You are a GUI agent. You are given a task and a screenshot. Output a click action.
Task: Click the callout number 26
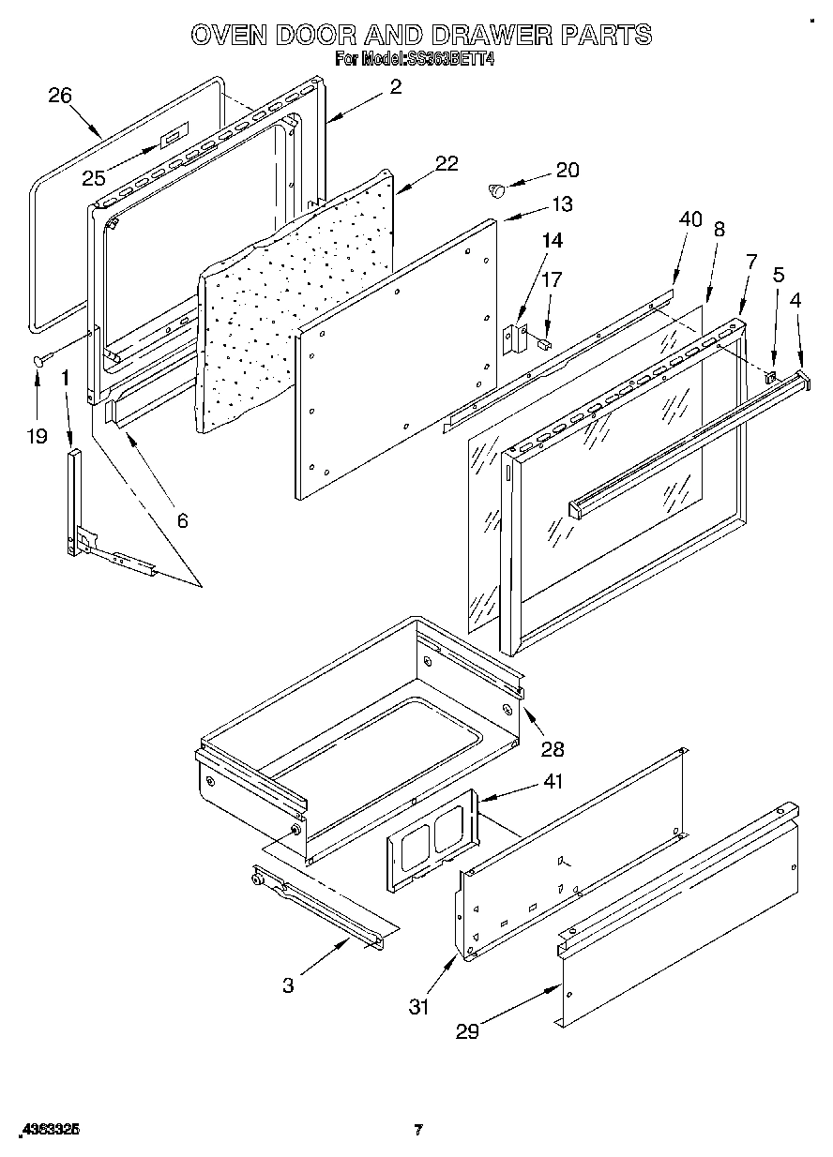(x=59, y=95)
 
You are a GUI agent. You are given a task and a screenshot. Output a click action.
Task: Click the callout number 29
(x=467, y=1031)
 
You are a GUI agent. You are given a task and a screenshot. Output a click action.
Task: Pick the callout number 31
(x=418, y=1007)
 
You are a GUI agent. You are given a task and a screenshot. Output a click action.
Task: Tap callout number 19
(x=37, y=436)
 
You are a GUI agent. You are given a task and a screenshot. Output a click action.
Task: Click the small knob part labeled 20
(x=497, y=191)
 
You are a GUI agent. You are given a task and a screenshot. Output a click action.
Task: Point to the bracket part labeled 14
(x=512, y=338)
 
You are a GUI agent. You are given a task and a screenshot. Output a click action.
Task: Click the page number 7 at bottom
(x=418, y=1131)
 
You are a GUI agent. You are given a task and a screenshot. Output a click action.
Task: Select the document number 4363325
(x=48, y=1131)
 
